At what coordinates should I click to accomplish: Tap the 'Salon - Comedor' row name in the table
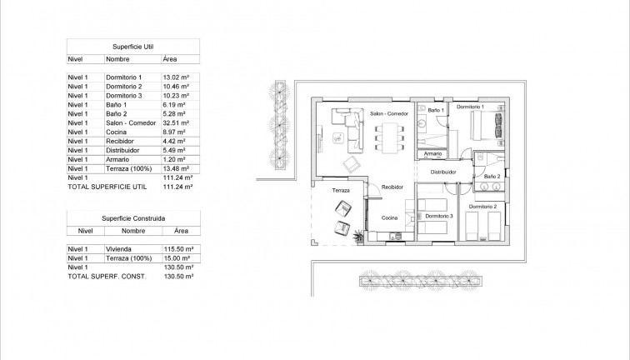point(131,122)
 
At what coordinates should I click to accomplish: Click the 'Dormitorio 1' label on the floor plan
point(471,107)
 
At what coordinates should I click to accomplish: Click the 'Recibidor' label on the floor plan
point(392,188)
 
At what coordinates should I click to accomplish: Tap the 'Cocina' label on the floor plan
point(389,218)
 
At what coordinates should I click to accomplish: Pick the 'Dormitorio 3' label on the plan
point(438,216)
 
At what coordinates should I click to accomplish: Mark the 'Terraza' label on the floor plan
point(341,191)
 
